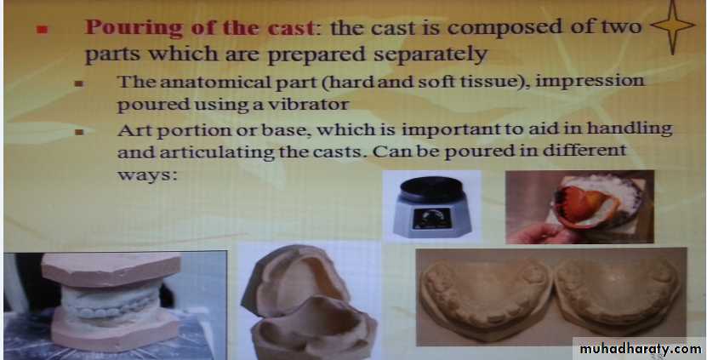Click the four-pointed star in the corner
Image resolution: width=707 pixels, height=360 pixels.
point(672,26)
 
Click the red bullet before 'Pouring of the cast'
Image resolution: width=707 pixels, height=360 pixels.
point(43,30)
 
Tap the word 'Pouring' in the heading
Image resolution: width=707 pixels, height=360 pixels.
point(134,28)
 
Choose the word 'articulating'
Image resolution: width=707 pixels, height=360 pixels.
point(217,152)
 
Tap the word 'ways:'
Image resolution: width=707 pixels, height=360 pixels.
point(147,174)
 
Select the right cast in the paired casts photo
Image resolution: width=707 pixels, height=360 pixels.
point(618,294)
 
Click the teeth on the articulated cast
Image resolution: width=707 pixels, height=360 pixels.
point(111,308)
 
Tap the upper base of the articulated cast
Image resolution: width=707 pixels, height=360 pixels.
point(111,271)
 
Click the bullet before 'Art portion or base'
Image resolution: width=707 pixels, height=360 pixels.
point(80,132)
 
